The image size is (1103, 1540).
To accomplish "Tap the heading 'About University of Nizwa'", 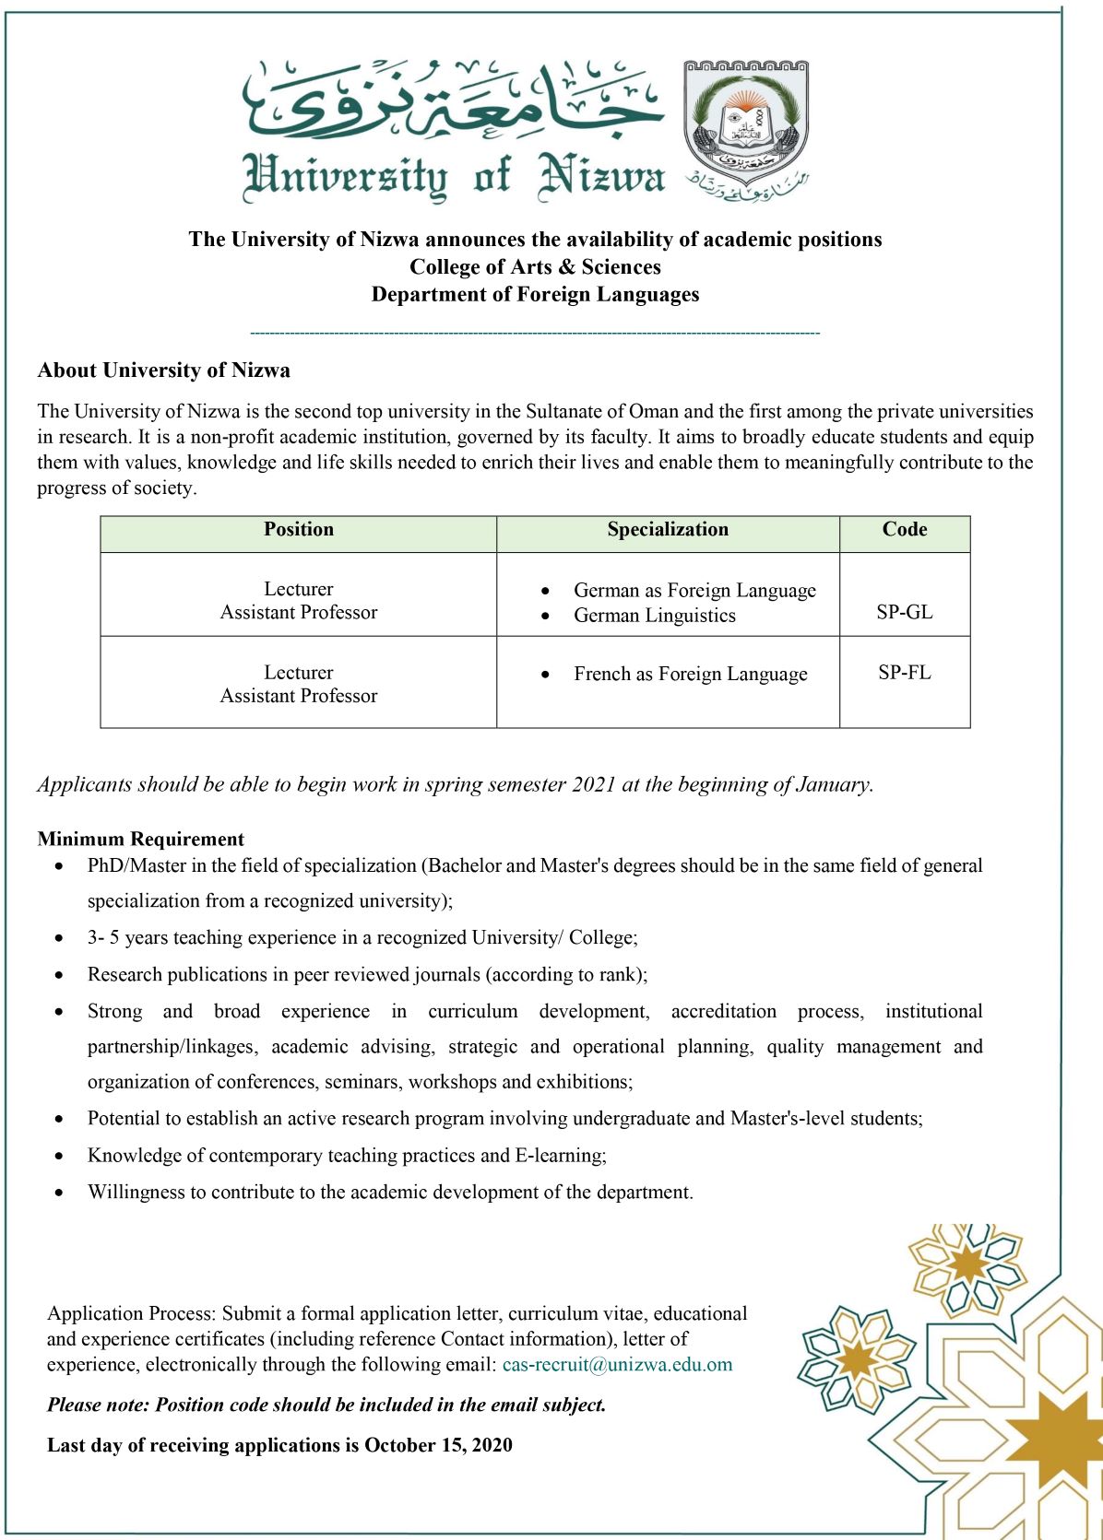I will (163, 370).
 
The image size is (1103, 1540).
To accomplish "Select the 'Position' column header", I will (299, 530).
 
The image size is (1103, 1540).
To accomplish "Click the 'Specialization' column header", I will (668, 530).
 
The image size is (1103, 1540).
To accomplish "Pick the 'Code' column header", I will (904, 530).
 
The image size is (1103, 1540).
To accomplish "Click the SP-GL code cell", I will (904, 612).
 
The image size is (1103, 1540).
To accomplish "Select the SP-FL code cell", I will (904, 673).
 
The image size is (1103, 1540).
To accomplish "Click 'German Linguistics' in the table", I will (654, 616).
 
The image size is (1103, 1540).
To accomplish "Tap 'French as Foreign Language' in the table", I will (690, 674).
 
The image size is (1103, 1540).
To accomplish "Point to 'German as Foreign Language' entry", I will (694, 590).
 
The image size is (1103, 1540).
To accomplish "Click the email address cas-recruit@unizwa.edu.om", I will (617, 1365).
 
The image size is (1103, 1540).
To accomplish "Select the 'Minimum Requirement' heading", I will (141, 839).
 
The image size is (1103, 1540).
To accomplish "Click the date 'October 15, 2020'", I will (438, 1445).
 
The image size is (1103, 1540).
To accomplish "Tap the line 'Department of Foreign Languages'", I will (535, 295).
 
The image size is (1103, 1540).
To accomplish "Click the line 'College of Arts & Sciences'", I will (535, 267).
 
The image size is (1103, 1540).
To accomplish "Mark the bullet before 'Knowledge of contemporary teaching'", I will (60, 1156).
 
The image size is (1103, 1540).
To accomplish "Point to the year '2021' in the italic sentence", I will (594, 784).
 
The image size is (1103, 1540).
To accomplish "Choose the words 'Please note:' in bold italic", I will (99, 1405).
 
